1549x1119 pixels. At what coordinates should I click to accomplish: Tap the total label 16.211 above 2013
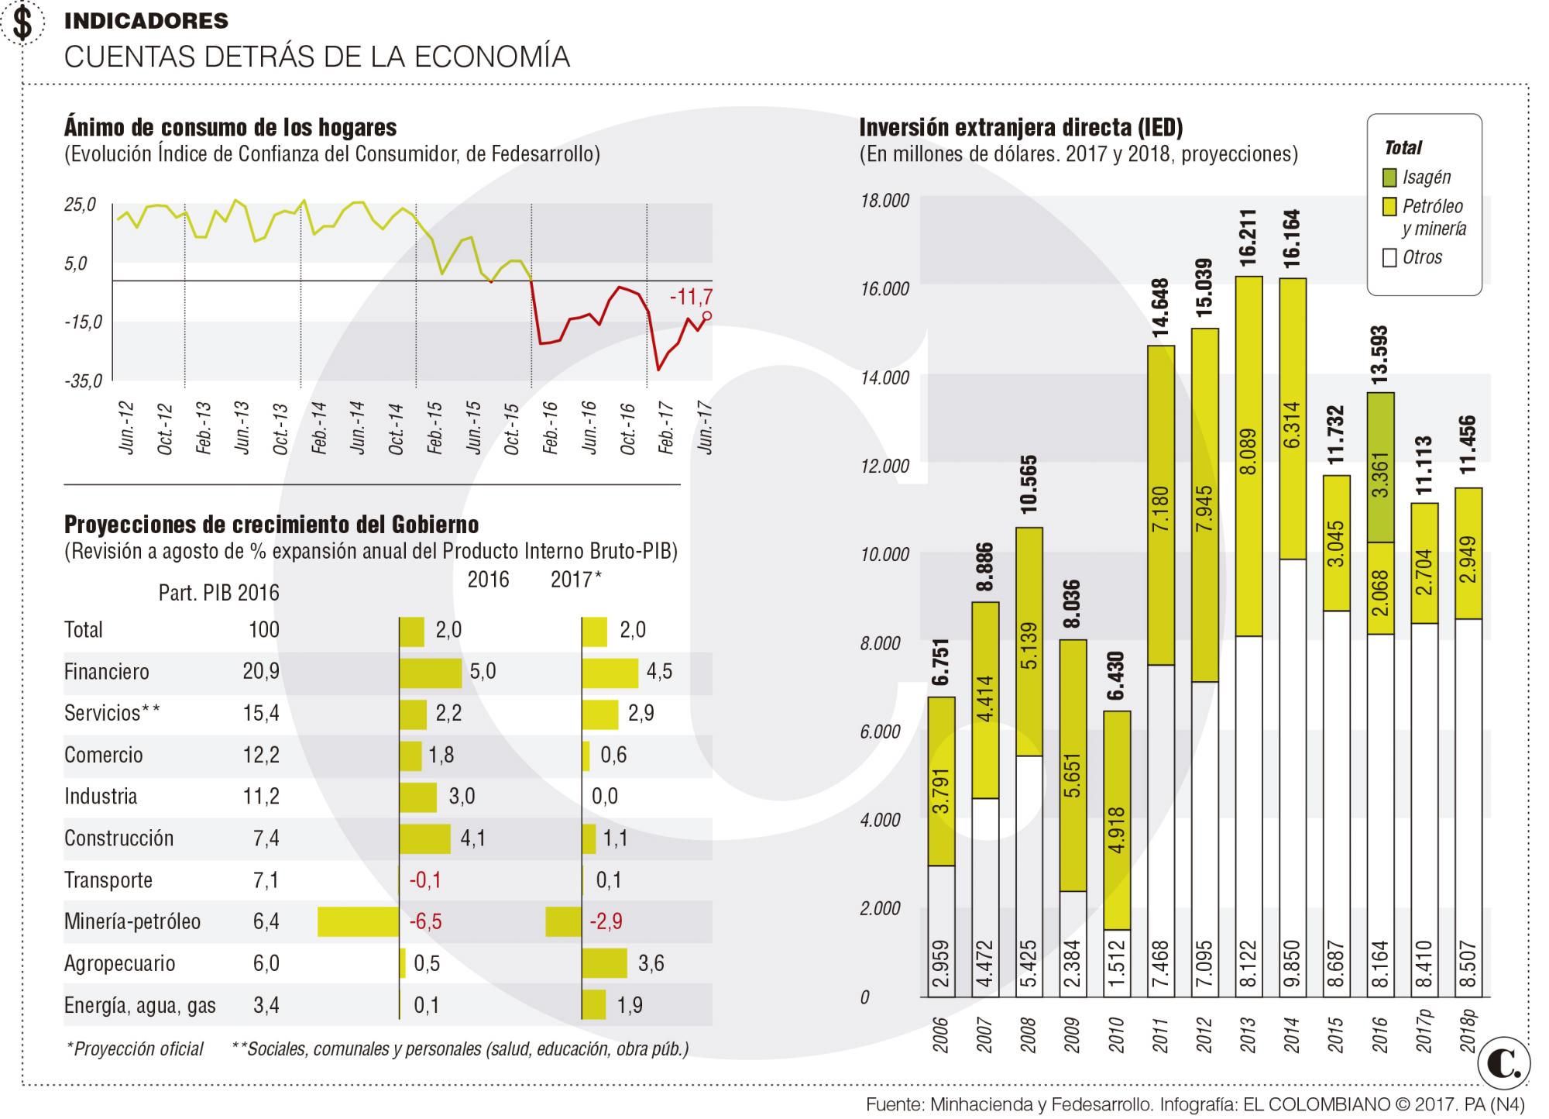(1248, 239)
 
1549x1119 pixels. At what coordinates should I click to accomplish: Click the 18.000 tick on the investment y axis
(884, 201)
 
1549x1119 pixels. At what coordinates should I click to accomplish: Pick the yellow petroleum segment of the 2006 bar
(941, 781)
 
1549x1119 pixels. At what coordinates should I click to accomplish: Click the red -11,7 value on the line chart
(691, 296)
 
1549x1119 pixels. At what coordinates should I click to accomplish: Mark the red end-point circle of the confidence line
(707, 315)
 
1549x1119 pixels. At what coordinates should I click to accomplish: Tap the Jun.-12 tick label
(126, 427)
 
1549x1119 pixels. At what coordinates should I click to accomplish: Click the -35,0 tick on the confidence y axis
(84, 381)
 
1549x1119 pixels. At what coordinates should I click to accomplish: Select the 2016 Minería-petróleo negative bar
(359, 921)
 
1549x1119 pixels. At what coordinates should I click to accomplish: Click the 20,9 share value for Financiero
(261, 671)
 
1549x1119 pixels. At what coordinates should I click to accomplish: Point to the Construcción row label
(118, 838)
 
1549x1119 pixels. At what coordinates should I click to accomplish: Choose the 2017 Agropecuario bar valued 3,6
(605, 963)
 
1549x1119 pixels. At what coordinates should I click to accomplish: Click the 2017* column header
(576, 580)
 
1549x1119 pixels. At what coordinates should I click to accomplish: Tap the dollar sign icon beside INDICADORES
(23, 22)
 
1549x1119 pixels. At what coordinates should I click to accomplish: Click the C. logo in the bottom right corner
(1504, 1066)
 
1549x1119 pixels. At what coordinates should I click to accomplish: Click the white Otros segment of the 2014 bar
(1292, 778)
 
